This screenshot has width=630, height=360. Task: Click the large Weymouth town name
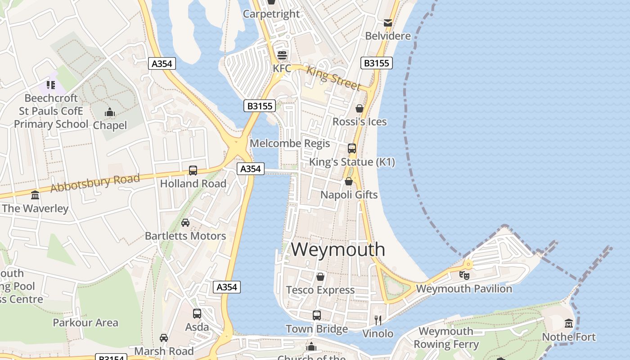point(338,249)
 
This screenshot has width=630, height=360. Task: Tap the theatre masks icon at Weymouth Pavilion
point(464,274)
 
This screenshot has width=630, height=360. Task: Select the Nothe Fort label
point(569,337)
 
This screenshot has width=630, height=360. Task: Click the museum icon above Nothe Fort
point(569,324)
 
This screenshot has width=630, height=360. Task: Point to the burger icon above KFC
point(282,55)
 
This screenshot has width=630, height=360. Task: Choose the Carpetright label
point(271,14)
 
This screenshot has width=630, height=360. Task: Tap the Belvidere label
point(388,36)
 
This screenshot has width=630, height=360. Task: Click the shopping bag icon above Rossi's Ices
point(359,108)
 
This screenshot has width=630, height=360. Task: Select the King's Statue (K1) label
point(352,162)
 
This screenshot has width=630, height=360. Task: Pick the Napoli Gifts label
point(349,195)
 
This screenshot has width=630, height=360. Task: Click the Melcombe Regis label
point(290,144)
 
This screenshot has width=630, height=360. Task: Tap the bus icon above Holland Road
point(193,170)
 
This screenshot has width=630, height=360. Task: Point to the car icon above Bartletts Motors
point(185,223)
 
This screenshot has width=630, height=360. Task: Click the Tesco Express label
point(320,290)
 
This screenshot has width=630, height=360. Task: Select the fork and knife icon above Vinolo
point(378,320)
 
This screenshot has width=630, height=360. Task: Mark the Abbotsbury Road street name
point(95,183)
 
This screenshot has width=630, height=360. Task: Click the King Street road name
point(333,77)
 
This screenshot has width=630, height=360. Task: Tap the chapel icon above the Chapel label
point(109,112)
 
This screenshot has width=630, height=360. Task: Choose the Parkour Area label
point(85,323)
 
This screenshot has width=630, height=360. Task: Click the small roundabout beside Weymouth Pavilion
point(468,264)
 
